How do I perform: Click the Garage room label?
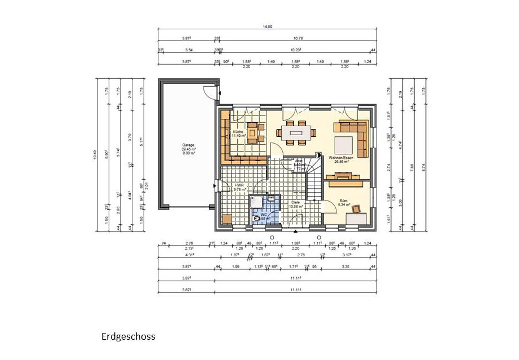(x=188, y=145)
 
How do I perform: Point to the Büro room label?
(x=343, y=199)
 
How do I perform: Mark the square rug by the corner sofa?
(x=343, y=142)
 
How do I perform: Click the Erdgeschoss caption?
(x=128, y=337)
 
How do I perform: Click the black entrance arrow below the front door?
(x=295, y=232)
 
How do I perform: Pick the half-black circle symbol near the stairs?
(x=318, y=154)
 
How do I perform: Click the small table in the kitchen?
(x=252, y=133)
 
